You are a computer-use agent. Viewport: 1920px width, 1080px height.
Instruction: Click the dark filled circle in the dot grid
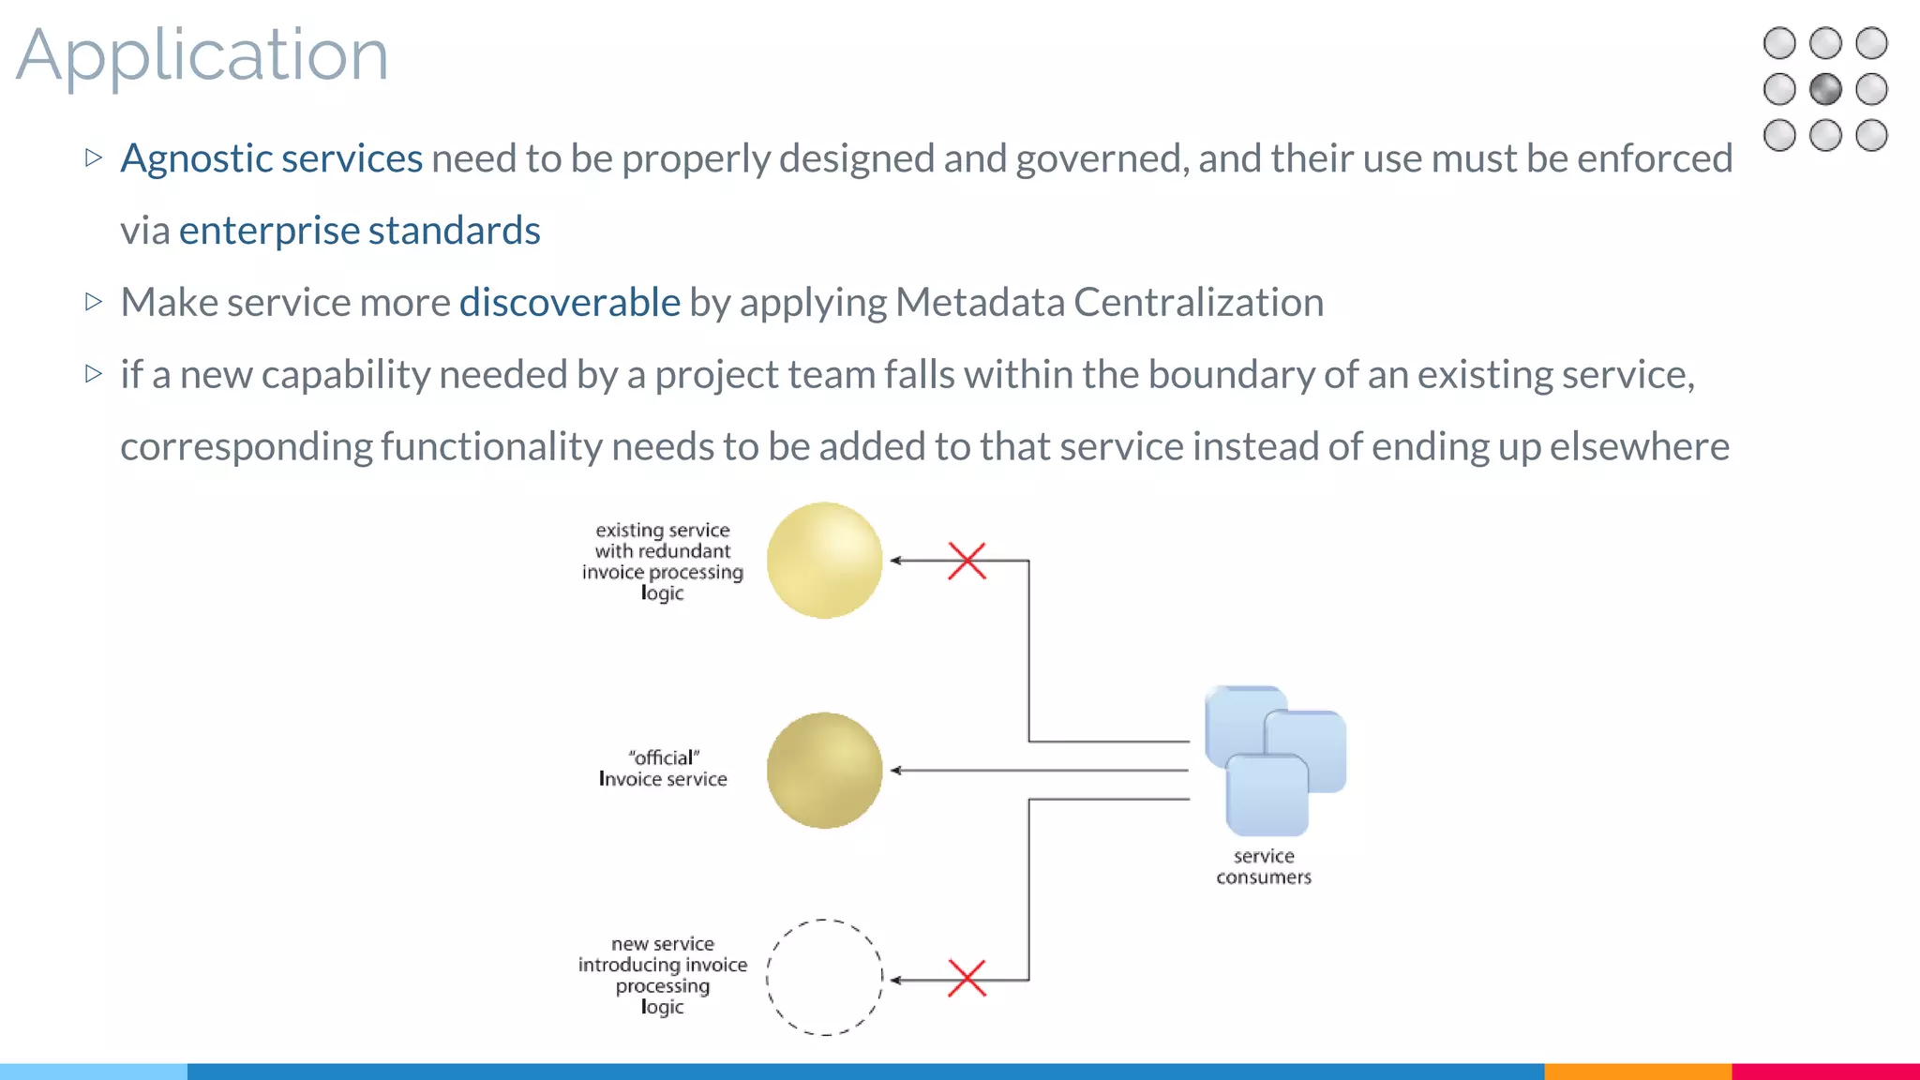pos(1825,90)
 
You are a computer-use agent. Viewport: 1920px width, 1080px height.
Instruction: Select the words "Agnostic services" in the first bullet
pos(271,158)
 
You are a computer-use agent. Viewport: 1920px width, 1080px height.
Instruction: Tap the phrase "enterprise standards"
pos(359,231)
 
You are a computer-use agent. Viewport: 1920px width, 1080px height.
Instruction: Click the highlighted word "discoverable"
pos(569,303)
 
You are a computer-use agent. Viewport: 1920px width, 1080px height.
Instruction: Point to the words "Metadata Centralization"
pos(1109,303)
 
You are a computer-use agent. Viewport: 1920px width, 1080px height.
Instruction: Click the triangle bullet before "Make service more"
pos(93,302)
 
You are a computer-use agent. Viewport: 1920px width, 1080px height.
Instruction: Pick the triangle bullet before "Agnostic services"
pos(93,157)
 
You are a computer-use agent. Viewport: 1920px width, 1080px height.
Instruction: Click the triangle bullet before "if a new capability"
pos(93,374)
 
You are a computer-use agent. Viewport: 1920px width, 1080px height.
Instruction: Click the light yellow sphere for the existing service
pos(824,561)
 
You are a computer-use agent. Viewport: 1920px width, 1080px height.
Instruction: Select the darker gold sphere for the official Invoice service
pos(824,771)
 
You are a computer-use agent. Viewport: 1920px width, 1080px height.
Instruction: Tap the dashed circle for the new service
pos(824,978)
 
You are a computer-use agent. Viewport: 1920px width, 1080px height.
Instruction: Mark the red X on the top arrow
pos(967,561)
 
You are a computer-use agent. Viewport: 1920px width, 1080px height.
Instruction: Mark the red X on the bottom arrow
pos(967,979)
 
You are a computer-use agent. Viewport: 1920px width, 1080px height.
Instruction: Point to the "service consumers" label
pos(1263,867)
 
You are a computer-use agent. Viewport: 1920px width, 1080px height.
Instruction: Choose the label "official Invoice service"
pos(663,769)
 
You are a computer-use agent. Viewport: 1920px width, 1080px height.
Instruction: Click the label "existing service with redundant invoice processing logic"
pos(663,562)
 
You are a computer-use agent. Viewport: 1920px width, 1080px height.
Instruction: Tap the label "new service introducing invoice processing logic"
pos(663,975)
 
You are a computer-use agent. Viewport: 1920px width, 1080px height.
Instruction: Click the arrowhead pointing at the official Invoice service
pos(895,771)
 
